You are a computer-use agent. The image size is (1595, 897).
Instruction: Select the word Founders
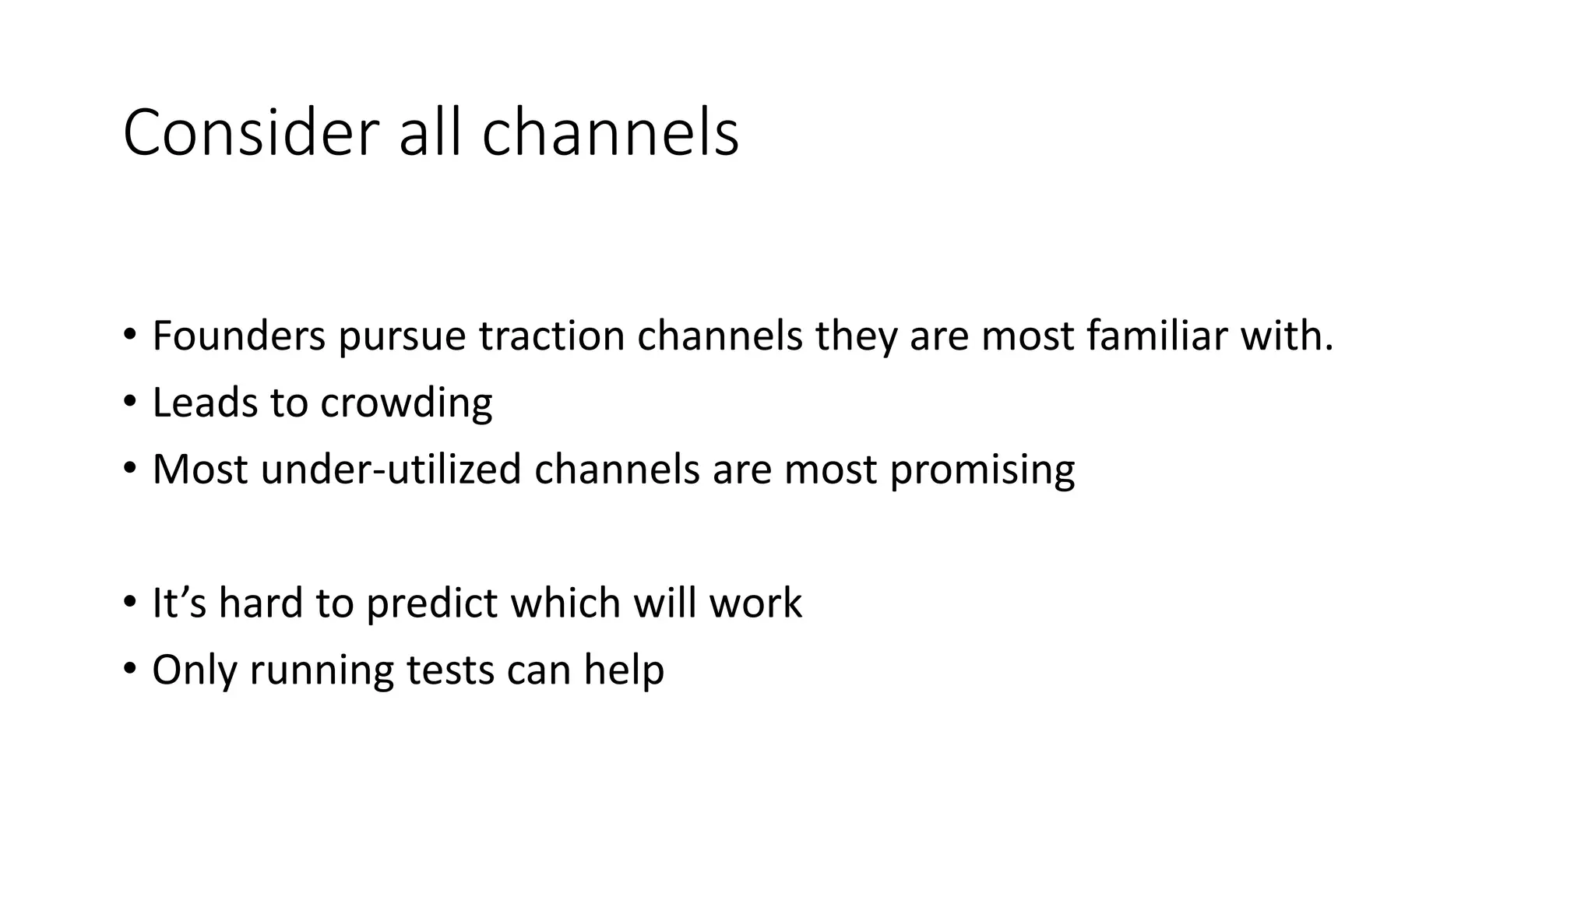pos(238,336)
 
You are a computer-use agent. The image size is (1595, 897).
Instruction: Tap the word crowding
pos(406,403)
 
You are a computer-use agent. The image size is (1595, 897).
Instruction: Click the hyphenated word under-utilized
pos(391,470)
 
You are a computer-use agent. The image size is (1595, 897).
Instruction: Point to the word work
pos(755,603)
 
